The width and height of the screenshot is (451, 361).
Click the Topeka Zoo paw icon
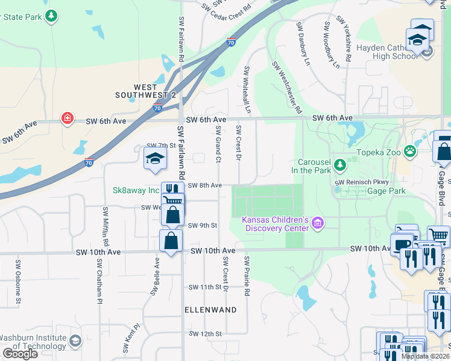[411, 150]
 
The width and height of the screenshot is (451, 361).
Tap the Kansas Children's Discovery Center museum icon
[318, 224]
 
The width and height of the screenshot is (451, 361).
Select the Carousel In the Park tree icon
[339, 164]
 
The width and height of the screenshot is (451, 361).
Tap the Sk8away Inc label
[136, 190]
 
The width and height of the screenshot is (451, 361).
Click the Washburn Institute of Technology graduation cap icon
[75, 341]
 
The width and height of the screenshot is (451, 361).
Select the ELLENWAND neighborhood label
[210, 309]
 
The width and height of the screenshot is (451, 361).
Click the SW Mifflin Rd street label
[106, 226]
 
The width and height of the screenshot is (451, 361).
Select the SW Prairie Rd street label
[247, 276]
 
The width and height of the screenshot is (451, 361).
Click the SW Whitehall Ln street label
[247, 90]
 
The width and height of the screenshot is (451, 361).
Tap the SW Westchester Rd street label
[286, 87]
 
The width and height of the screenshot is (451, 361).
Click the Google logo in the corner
[20, 353]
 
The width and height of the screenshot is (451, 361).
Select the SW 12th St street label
[206, 333]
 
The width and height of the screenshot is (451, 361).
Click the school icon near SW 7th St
[155, 159]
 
